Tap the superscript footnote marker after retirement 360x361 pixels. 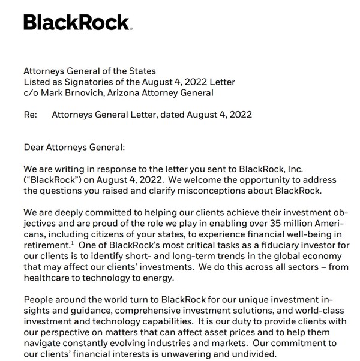(x=72, y=243)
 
